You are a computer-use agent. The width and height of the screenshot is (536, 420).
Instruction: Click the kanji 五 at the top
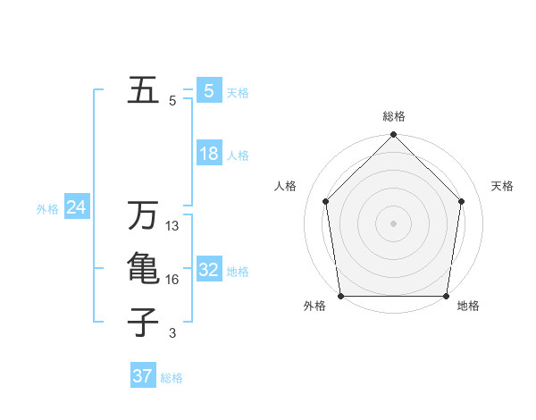(x=143, y=91)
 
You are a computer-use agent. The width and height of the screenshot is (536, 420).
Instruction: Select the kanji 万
(x=143, y=215)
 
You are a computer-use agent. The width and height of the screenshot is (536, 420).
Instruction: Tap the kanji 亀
(x=143, y=269)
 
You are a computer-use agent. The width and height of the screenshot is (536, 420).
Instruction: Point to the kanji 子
(x=143, y=322)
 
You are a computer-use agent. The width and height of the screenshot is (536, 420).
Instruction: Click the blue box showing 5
(x=208, y=90)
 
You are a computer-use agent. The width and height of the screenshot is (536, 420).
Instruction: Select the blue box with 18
(x=208, y=154)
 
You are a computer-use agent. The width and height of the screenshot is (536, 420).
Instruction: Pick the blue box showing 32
(x=208, y=270)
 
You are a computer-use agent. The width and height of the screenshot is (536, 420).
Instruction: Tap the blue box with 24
(x=76, y=208)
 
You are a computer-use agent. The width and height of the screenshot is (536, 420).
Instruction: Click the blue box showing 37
(x=142, y=376)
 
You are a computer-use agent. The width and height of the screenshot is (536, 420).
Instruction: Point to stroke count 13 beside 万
(x=172, y=227)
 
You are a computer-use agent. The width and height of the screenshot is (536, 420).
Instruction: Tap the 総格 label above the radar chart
(x=394, y=116)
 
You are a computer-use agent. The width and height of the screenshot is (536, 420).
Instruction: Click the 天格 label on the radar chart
(x=503, y=186)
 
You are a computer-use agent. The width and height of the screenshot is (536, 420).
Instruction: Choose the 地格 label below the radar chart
(x=468, y=306)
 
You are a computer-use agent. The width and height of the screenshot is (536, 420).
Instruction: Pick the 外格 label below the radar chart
(x=314, y=306)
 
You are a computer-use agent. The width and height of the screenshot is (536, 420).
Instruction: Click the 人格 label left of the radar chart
(x=285, y=186)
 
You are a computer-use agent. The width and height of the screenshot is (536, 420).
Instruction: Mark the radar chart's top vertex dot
(x=394, y=136)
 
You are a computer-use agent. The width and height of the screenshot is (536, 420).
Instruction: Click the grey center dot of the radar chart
(x=394, y=223)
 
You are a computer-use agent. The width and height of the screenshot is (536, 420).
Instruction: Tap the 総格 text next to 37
(x=172, y=378)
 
